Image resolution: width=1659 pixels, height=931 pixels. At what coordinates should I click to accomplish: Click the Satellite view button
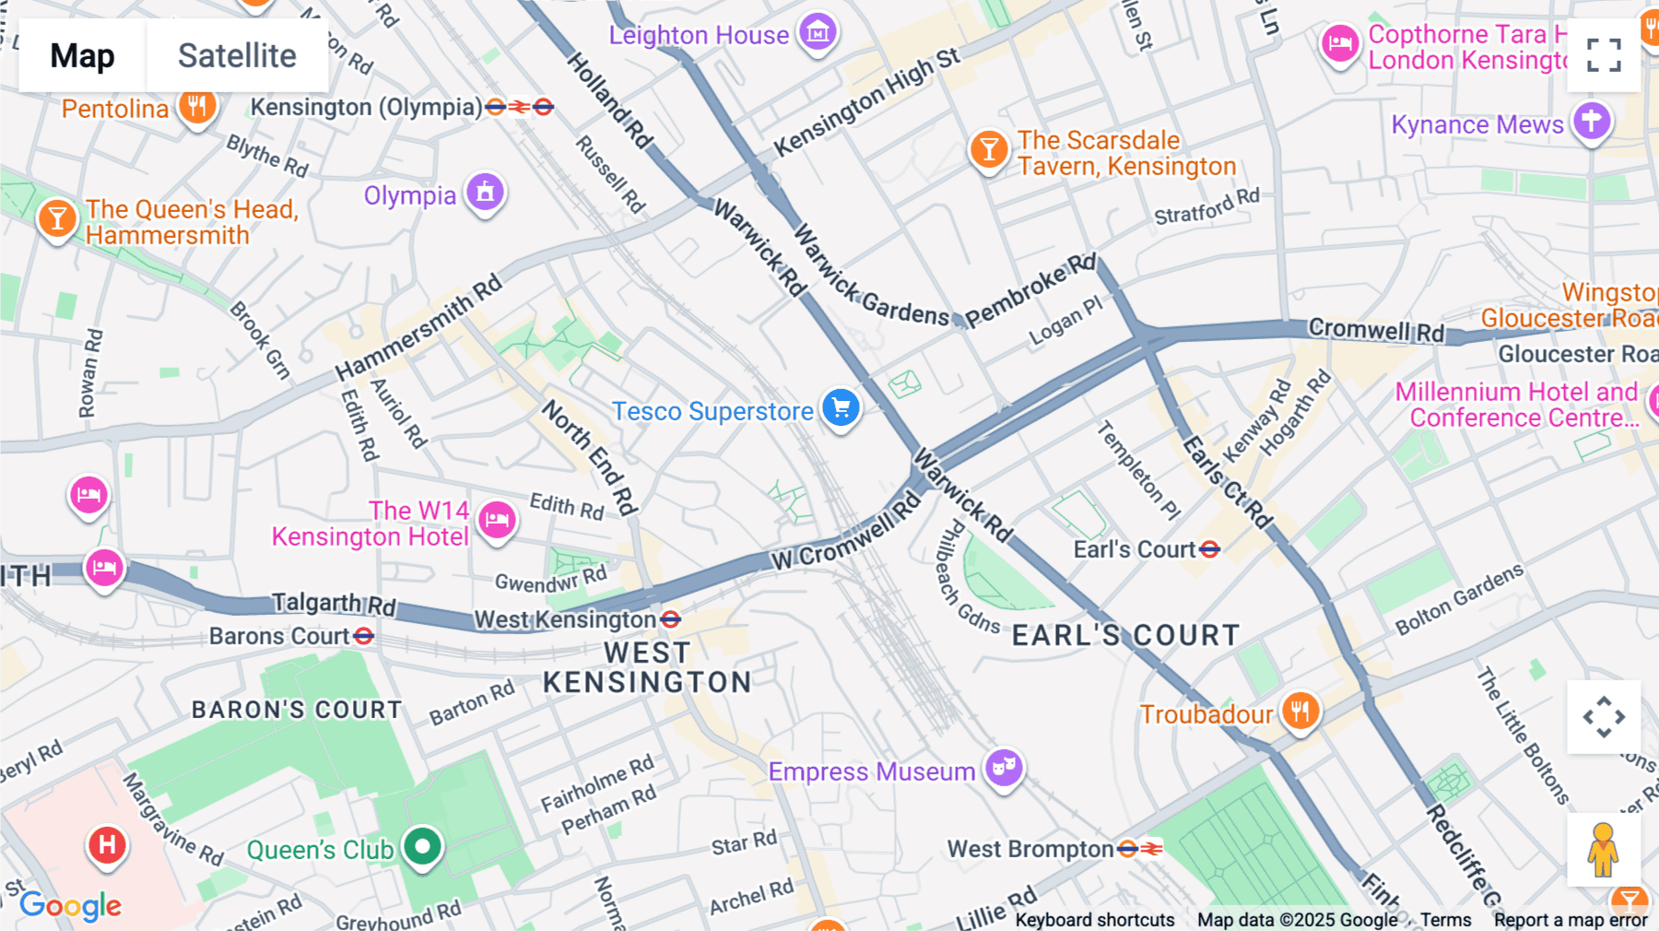237,56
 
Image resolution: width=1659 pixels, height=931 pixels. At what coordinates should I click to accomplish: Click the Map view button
82,56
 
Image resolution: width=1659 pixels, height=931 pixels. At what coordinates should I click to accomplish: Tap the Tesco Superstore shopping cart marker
841,407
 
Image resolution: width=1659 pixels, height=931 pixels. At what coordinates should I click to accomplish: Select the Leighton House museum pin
818,33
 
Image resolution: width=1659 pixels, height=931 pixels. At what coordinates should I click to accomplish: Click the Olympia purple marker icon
485,193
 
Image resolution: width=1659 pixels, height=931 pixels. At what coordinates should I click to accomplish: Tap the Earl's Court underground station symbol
1210,549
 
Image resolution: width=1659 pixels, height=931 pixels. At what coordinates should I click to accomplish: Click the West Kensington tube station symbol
671,619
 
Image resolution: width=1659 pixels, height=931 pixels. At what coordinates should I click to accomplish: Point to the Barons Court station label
279,636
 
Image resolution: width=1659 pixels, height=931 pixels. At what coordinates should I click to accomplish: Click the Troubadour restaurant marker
1300,712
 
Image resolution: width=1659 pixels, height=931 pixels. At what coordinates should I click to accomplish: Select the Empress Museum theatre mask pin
1004,767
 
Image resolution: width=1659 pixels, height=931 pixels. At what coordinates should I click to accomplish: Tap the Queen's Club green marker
423,845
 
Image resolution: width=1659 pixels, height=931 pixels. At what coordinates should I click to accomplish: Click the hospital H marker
107,844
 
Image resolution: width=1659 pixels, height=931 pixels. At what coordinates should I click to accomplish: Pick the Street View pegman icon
1603,850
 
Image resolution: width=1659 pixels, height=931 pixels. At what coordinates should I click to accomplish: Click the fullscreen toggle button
1604,55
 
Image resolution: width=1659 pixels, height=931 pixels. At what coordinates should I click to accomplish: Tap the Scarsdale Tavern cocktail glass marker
988,148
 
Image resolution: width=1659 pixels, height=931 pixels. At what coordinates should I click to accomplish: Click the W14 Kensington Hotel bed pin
497,520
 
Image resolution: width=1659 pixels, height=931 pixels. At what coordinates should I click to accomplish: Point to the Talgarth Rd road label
334,605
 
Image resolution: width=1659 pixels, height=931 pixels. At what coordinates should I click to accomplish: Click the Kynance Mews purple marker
1592,121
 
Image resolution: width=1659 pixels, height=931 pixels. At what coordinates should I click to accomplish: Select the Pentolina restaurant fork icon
196,106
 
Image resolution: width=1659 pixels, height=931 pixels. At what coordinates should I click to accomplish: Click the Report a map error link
1570,920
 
